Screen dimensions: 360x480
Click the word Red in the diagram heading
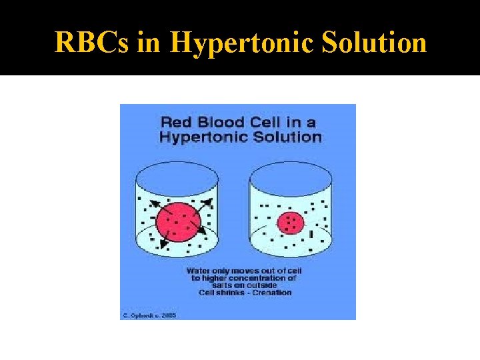click(177, 122)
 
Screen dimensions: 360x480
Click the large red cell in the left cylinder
click(178, 219)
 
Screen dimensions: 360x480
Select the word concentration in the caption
click(267, 278)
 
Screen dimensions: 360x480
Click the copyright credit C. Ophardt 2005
click(149, 315)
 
